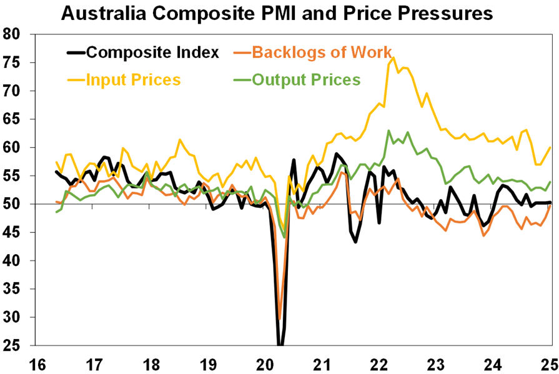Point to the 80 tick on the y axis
pyautogui.click(x=13, y=34)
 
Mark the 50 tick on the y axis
pyautogui.click(x=13, y=204)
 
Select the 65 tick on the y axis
pyautogui.click(x=13, y=119)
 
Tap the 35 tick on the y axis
pyautogui.click(x=13, y=289)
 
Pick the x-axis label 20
pyautogui.click(x=265, y=363)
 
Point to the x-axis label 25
pyautogui.click(x=549, y=363)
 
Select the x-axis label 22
pyautogui.click(x=379, y=363)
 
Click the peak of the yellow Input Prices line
pyautogui.click(x=393, y=57)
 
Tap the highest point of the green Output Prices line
pyautogui.click(x=388, y=130)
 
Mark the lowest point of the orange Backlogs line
pyautogui.click(x=279, y=319)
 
